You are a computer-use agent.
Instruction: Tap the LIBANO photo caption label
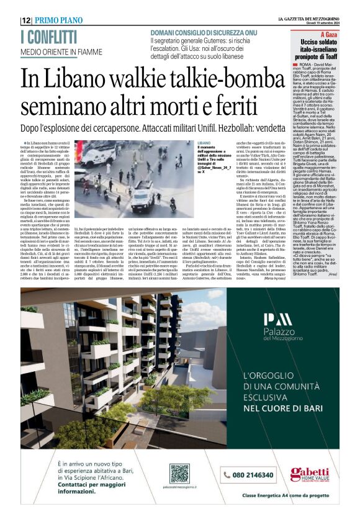[205, 145]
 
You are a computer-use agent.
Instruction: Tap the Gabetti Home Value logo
[310, 474]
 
